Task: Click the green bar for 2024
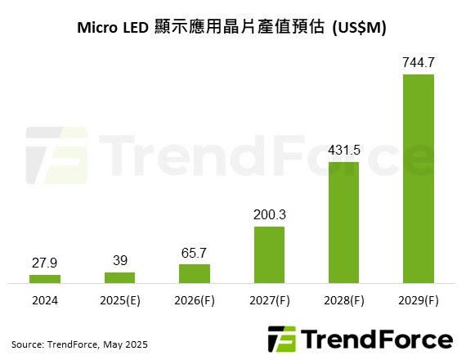[45, 279]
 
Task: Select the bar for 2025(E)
[119, 277]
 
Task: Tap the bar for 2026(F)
[194, 273]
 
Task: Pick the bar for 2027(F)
[268, 254]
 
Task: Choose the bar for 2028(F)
[343, 222]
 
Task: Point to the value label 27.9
[45, 263]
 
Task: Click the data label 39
[119, 260]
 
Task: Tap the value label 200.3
[268, 214]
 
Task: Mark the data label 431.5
[343, 150]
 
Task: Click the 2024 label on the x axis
[45, 301]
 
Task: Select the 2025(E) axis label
[119, 301]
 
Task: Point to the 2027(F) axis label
[268, 301]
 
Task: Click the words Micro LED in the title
[112, 28]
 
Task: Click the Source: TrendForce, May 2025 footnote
[79, 343]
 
